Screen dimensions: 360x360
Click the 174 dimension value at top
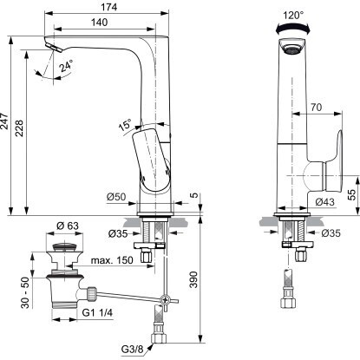click(x=109, y=7)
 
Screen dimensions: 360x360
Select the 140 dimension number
click(x=99, y=23)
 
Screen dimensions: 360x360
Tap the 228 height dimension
click(x=19, y=128)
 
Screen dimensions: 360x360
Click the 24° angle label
click(x=66, y=66)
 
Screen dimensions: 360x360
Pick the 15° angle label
click(x=125, y=124)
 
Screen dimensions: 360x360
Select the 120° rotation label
click(x=293, y=16)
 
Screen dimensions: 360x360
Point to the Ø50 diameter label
click(x=116, y=197)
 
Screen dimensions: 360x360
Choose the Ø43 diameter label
click(x=324, y=202)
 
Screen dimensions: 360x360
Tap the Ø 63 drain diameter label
click(x=68, y=226)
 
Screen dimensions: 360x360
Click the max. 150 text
click(x=112, y=260)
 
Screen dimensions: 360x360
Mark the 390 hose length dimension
click(x=194, y=279)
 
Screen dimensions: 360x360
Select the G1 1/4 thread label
click(x=97, y=312)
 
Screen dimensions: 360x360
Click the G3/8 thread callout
click(x=132, y=350)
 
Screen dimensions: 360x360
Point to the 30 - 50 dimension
click(x=25, y=292)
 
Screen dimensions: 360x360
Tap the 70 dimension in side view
click(x=317, y=108)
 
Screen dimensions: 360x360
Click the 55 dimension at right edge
click(x=352, y=195)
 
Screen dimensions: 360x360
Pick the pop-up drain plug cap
click(x=64, y=247)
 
